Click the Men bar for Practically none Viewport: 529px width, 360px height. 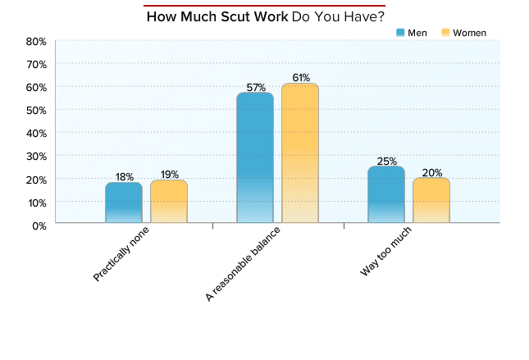(124, 202)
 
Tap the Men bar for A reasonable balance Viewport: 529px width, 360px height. (255, 157)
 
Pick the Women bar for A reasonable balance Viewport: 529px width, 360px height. (300, 153)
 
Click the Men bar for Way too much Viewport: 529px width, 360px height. (386, 194)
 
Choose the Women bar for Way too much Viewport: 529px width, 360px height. (431, 199)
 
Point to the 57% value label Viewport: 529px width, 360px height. (255, 87)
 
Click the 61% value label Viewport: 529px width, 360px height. (300, 78)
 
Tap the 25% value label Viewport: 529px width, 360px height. (386, 161)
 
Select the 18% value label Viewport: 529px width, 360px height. (124, 176)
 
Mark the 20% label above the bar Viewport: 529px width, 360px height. (431, 172)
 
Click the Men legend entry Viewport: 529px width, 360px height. (413, 33)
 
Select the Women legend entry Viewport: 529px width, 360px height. (463, 33)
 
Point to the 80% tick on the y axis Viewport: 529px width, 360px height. (35, 41)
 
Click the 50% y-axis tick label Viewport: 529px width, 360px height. (35, 110)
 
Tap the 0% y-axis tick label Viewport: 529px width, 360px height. (38, 226)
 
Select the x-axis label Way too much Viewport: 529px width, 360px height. (385, 252)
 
